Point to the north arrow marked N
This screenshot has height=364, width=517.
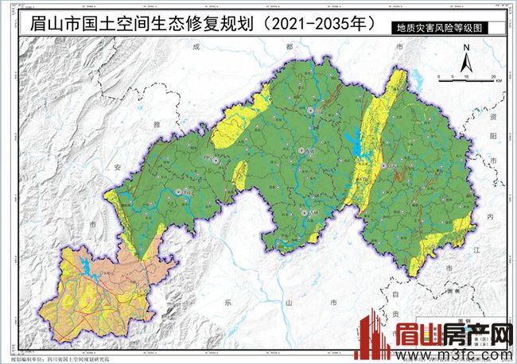click(469, 58)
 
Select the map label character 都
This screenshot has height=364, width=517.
click(289, 47)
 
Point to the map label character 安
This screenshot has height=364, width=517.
click(117, 168)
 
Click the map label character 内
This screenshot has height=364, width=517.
click(491, 217)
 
